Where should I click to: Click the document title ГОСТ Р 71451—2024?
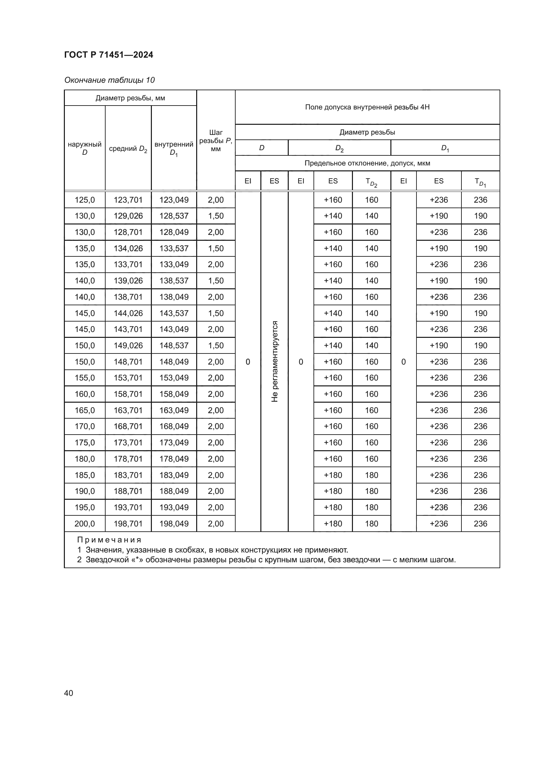[x=109, y=55]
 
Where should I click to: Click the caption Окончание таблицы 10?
[x=109, y=80]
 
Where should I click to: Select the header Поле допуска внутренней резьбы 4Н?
[x=367, y=107]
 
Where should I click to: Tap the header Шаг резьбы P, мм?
[x=216, y=141]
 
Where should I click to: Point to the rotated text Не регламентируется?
[x=274, y=361]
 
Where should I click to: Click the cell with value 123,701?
[x=128, y=200]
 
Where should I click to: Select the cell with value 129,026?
[x=128, y=216]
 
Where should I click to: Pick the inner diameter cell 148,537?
[x=174, y=345]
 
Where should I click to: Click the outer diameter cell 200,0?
[x=85, y=524]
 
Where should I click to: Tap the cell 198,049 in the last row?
[x=174, y=524]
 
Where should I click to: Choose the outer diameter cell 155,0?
[x=85, y=378]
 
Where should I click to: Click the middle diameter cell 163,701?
[x=128, y=410]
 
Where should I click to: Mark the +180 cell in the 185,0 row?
[x=333, y=475]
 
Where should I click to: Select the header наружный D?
[x=85, y=148]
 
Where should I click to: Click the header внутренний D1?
[x=174, y=148]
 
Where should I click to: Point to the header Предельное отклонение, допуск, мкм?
[x=367, y=163]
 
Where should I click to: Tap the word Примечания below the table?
[x=109, y=540]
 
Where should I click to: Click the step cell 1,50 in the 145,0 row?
[x=216, y=313]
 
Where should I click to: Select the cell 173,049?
[x=174, y=442]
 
